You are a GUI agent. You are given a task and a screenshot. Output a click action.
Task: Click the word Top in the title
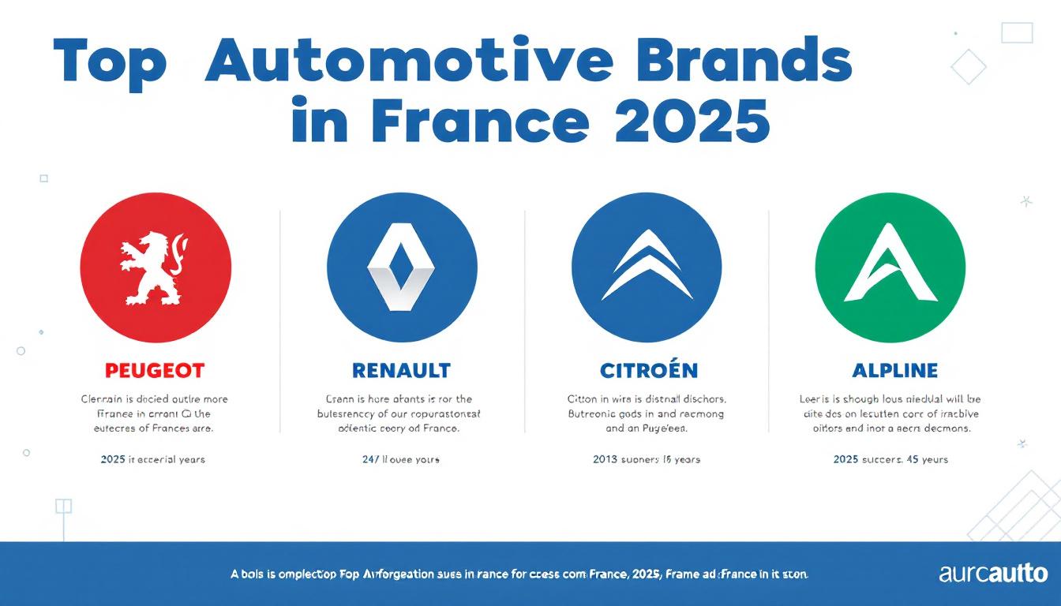click(x=110, y=62)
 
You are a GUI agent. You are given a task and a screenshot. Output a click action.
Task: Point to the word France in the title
click(x=478, y=120)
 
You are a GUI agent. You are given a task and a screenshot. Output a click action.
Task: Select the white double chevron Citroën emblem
click(x=646, y=266)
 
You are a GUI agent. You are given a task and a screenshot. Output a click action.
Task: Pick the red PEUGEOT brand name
click(x=155, y=370)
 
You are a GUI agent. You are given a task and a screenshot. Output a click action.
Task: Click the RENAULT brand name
click(x=401, y=370)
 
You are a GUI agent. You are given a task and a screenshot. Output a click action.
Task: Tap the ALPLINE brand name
click(x=894, y=370)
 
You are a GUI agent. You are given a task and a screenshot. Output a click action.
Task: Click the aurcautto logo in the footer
click(x=993, y=574)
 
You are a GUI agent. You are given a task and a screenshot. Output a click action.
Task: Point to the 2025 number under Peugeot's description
click(x=113, y=459)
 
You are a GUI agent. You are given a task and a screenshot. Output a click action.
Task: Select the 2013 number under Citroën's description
click(x=605, y=459)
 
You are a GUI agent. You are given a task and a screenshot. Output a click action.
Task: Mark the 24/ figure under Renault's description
click(x=371, y=459)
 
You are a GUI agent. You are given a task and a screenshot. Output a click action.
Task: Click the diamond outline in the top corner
click(x=968, y=66)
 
